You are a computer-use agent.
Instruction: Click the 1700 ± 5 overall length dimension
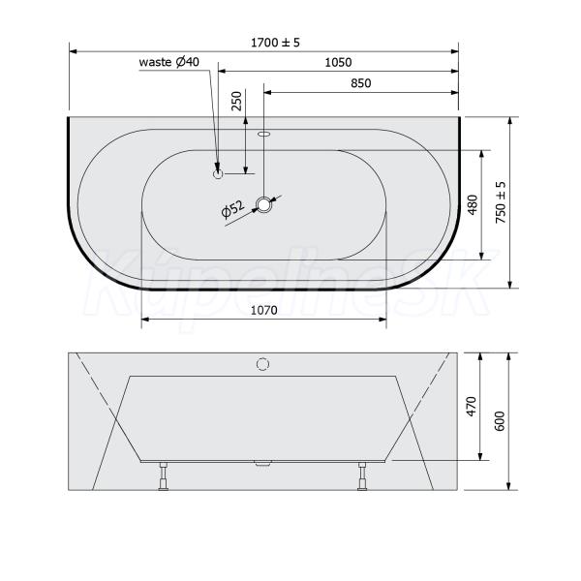(x=275, y=43)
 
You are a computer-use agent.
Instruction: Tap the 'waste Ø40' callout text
(x=168, y=62)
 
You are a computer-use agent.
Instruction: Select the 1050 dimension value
(x=338, y=62)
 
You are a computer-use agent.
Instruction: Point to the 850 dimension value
(x=360, y=83)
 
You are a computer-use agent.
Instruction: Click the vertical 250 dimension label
(x=236, y=101)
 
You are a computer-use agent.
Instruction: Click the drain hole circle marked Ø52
(x=263, y=204)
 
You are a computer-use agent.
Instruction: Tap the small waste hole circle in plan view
(x=218, y=173)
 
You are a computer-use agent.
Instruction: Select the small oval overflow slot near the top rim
(x=263, y=134)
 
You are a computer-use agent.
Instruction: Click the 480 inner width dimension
(x=473, y=204)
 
